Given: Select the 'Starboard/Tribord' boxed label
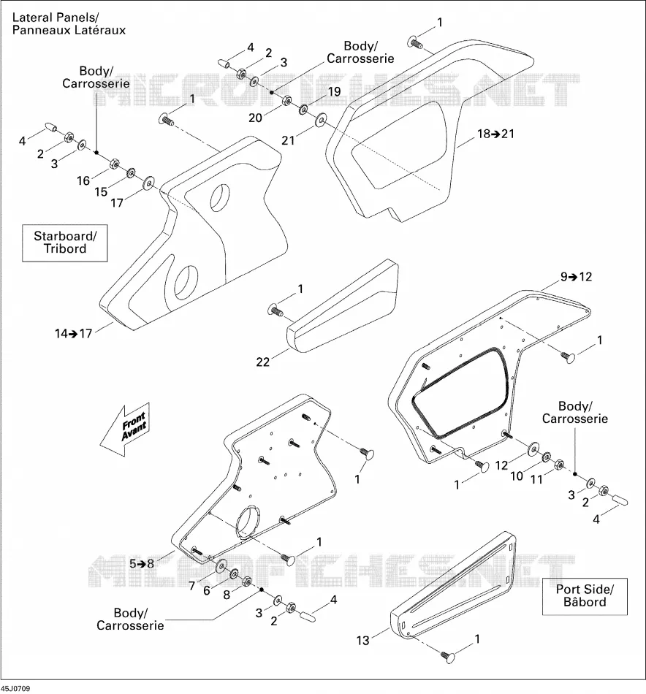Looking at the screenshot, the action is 65,243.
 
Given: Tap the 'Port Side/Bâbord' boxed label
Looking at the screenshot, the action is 585,595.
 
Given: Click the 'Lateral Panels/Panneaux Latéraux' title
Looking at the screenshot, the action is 69,24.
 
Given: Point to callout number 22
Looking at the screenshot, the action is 262,362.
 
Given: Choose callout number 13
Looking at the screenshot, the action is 362,641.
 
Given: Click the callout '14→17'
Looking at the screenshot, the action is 74,333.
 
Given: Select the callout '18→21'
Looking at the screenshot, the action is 495,134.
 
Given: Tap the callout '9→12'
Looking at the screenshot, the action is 576,277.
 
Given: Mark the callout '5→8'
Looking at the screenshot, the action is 142,563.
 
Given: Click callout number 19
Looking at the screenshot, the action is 334,91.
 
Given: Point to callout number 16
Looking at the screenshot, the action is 83,180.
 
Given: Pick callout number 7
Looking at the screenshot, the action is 191,586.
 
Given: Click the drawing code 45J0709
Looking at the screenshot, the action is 15,688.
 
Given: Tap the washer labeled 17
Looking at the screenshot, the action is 148,182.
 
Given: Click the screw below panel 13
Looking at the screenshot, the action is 448,657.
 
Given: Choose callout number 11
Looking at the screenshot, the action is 536,479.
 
